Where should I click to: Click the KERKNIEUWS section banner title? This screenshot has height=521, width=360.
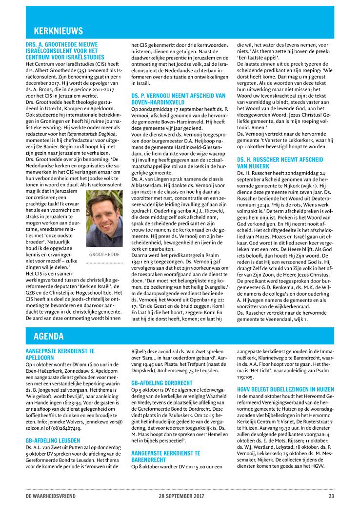(x=58, y=31)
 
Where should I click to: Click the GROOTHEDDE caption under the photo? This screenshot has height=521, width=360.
(x=104, y=255)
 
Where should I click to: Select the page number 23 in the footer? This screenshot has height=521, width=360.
(x=331, y=496)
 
